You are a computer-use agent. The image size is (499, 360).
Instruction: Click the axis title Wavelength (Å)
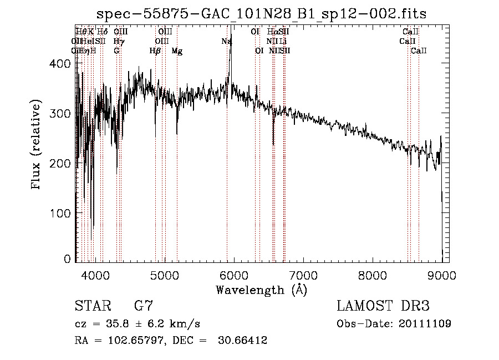[261, 290]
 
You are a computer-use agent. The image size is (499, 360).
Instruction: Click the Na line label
[226, 41]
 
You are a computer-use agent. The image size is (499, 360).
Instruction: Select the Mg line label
[177, 51]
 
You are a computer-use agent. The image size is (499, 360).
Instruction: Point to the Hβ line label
[155, 51]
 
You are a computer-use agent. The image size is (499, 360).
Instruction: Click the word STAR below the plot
[92, 306]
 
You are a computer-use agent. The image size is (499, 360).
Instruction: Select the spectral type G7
[144, 306]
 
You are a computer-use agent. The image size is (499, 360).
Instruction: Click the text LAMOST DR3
[383, 306]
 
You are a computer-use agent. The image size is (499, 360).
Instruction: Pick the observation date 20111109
[424, 323]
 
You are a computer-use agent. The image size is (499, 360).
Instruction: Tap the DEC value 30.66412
[245, 341]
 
